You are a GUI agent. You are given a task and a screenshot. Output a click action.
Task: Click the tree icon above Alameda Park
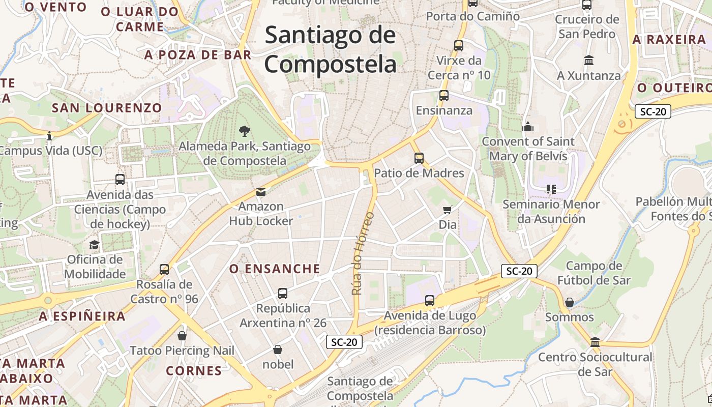[245, 131]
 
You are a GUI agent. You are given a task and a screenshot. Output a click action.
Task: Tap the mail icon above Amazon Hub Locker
[261, 192]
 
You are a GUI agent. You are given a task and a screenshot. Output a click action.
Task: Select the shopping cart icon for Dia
[448, 210]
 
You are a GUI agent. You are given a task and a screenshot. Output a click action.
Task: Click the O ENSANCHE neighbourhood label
[275, 269]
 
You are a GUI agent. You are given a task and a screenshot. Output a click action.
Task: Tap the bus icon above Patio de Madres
[419, 158]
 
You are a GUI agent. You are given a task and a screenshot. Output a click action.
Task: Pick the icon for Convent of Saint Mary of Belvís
[528, 126]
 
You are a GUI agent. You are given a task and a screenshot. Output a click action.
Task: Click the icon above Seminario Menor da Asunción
[551, 189]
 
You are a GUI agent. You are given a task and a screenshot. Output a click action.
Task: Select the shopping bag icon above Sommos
[569, 302]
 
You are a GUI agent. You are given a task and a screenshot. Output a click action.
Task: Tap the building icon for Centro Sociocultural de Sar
[595, 342]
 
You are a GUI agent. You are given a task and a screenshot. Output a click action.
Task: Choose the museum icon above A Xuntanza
[589, 61]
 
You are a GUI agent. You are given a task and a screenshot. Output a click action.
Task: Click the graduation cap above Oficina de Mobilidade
[95, 245]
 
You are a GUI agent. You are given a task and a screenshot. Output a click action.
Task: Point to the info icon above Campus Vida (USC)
[49, 136]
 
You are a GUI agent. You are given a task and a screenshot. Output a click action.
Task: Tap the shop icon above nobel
[278, 350]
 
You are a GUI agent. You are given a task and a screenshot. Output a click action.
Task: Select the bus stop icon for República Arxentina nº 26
[283, 294]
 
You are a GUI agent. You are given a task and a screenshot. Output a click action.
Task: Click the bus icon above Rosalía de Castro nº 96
[164, 269]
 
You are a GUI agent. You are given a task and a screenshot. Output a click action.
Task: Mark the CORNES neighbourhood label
[194, 370]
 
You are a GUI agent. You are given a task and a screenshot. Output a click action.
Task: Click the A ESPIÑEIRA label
[82, 316]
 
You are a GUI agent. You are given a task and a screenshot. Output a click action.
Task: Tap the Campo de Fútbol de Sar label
[594, 273]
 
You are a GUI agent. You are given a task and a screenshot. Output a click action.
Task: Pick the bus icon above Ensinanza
[444, 95]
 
